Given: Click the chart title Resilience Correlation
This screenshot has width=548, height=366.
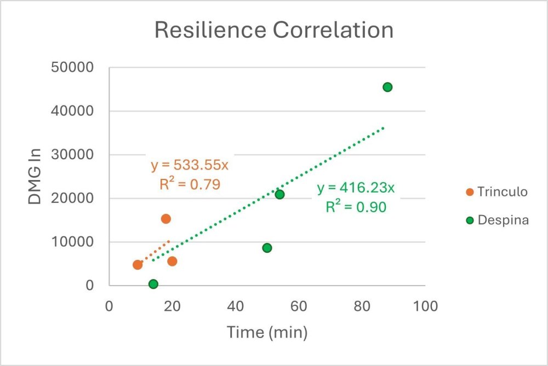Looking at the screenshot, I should [x=273, y=30].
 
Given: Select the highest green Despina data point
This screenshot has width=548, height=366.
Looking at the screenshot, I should [x=387, y=87].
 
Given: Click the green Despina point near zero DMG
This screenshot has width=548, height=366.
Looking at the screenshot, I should [x=153, y=284].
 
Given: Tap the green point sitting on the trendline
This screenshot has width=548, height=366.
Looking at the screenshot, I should [x=279, y=194].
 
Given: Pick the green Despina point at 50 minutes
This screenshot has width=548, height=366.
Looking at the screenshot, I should [x=267, y=248].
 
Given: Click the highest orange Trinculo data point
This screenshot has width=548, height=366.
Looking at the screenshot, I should [x=166, y=219].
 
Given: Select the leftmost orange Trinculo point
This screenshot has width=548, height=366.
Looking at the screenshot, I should [x=138, y=265].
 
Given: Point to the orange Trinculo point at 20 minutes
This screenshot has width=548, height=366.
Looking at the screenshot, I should [x=172, y=261].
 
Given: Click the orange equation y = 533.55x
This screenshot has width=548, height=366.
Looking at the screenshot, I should [x=190, y=166].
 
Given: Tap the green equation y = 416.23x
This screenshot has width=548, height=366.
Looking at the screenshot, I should [x=356, y=188].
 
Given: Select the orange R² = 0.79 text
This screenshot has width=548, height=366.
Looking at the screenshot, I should [x=190, y=184].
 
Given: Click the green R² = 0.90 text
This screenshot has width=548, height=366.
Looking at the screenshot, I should [x=356, y=207].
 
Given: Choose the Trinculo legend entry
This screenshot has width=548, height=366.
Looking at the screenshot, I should [x=496, y=192].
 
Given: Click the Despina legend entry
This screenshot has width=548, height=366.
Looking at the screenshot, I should [x=496, y=220].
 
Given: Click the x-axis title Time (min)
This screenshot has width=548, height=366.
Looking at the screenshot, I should [x=267, y=332].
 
